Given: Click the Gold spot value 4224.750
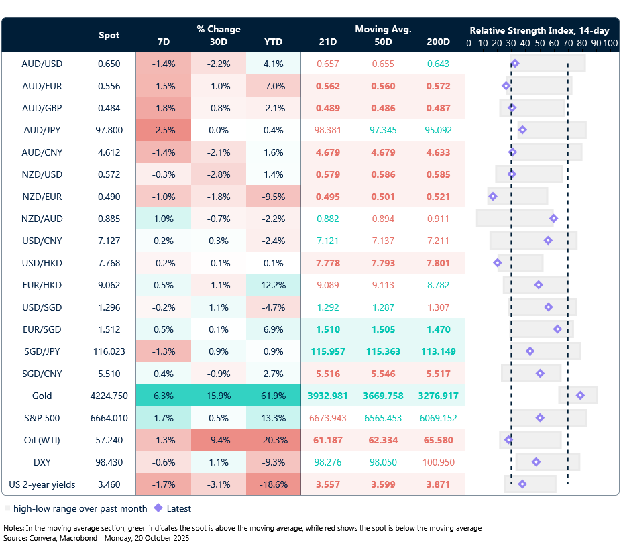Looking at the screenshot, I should [109, 396].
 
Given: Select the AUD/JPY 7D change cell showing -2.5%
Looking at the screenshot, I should [163, 130].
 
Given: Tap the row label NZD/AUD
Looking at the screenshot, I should [42, 219].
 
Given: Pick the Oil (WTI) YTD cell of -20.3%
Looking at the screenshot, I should [273, 440].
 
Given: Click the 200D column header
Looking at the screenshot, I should [438, 42].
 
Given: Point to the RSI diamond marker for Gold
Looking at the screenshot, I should [580, 396].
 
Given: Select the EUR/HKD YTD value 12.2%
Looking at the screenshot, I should [273, 285].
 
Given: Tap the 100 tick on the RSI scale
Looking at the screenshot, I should [610, 43].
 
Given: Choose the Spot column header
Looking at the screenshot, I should [109, 35].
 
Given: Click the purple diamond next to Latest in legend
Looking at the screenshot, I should [158, 508].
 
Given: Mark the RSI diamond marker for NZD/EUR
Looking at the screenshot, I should [493, 197].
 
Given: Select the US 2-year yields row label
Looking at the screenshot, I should [42, 484].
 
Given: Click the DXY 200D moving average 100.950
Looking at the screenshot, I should [438, 462].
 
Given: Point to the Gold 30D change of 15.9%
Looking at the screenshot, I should [219, 396].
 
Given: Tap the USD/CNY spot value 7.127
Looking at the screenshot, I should [109, 241].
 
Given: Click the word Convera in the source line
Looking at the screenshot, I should [46, 538].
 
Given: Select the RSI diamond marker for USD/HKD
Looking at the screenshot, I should [497, 263].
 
